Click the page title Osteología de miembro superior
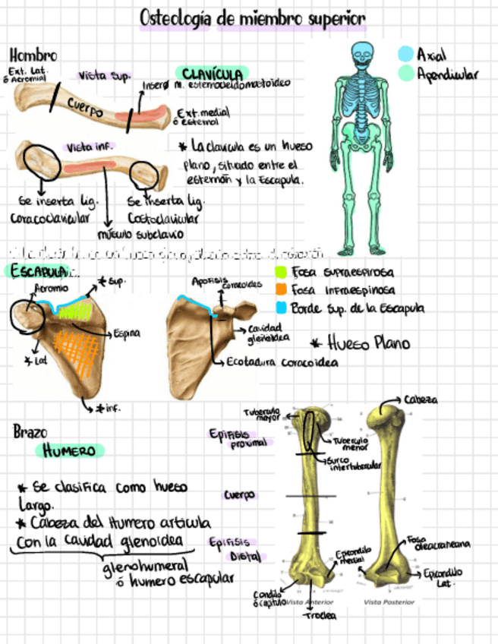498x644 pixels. [252, 18]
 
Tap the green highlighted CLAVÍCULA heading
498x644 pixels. [212, 74]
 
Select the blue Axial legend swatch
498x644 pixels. [406, 53]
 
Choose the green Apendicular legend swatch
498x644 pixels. [406, 74]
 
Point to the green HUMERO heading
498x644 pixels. [69, 451]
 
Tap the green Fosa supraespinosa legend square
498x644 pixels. [281, 271]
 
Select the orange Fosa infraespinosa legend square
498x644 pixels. [281, 289]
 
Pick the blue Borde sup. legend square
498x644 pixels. [281, 308]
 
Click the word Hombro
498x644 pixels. [32, 55]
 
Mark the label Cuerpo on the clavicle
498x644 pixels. [85, 106]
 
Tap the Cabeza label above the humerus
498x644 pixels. [420, 399]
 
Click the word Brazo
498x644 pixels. [30, 433]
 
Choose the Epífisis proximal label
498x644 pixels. [231, 438]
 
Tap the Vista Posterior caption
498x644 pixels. [389, 601]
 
